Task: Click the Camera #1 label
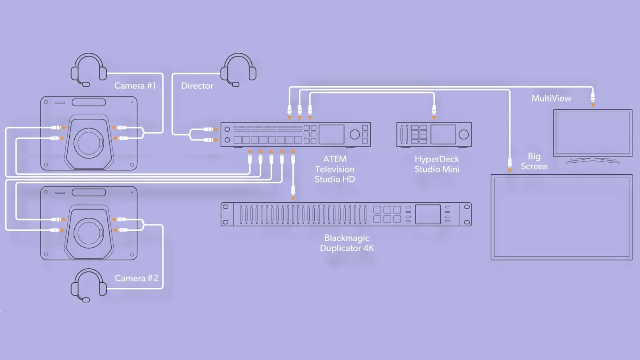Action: (135, 86)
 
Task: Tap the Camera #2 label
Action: (136, 278)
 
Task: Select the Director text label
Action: (197, 86)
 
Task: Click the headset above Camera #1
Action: (89, 70)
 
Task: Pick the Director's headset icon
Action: (238, 70)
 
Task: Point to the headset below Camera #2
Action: (89, 285)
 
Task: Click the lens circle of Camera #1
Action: (89, 142)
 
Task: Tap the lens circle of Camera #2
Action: (89, 233)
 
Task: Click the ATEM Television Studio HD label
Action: (335, 169)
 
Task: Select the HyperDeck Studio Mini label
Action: (437, 164)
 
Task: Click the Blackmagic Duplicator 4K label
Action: (347, 243)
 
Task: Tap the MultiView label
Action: (551, 99)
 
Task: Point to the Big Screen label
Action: (534, 161)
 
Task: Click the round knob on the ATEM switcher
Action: (354, 134)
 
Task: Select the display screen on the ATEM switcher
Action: (331, 134)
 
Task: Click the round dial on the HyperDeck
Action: (464, 134)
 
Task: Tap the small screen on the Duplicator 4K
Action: (428, 214)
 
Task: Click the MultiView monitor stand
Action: (593, 160)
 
